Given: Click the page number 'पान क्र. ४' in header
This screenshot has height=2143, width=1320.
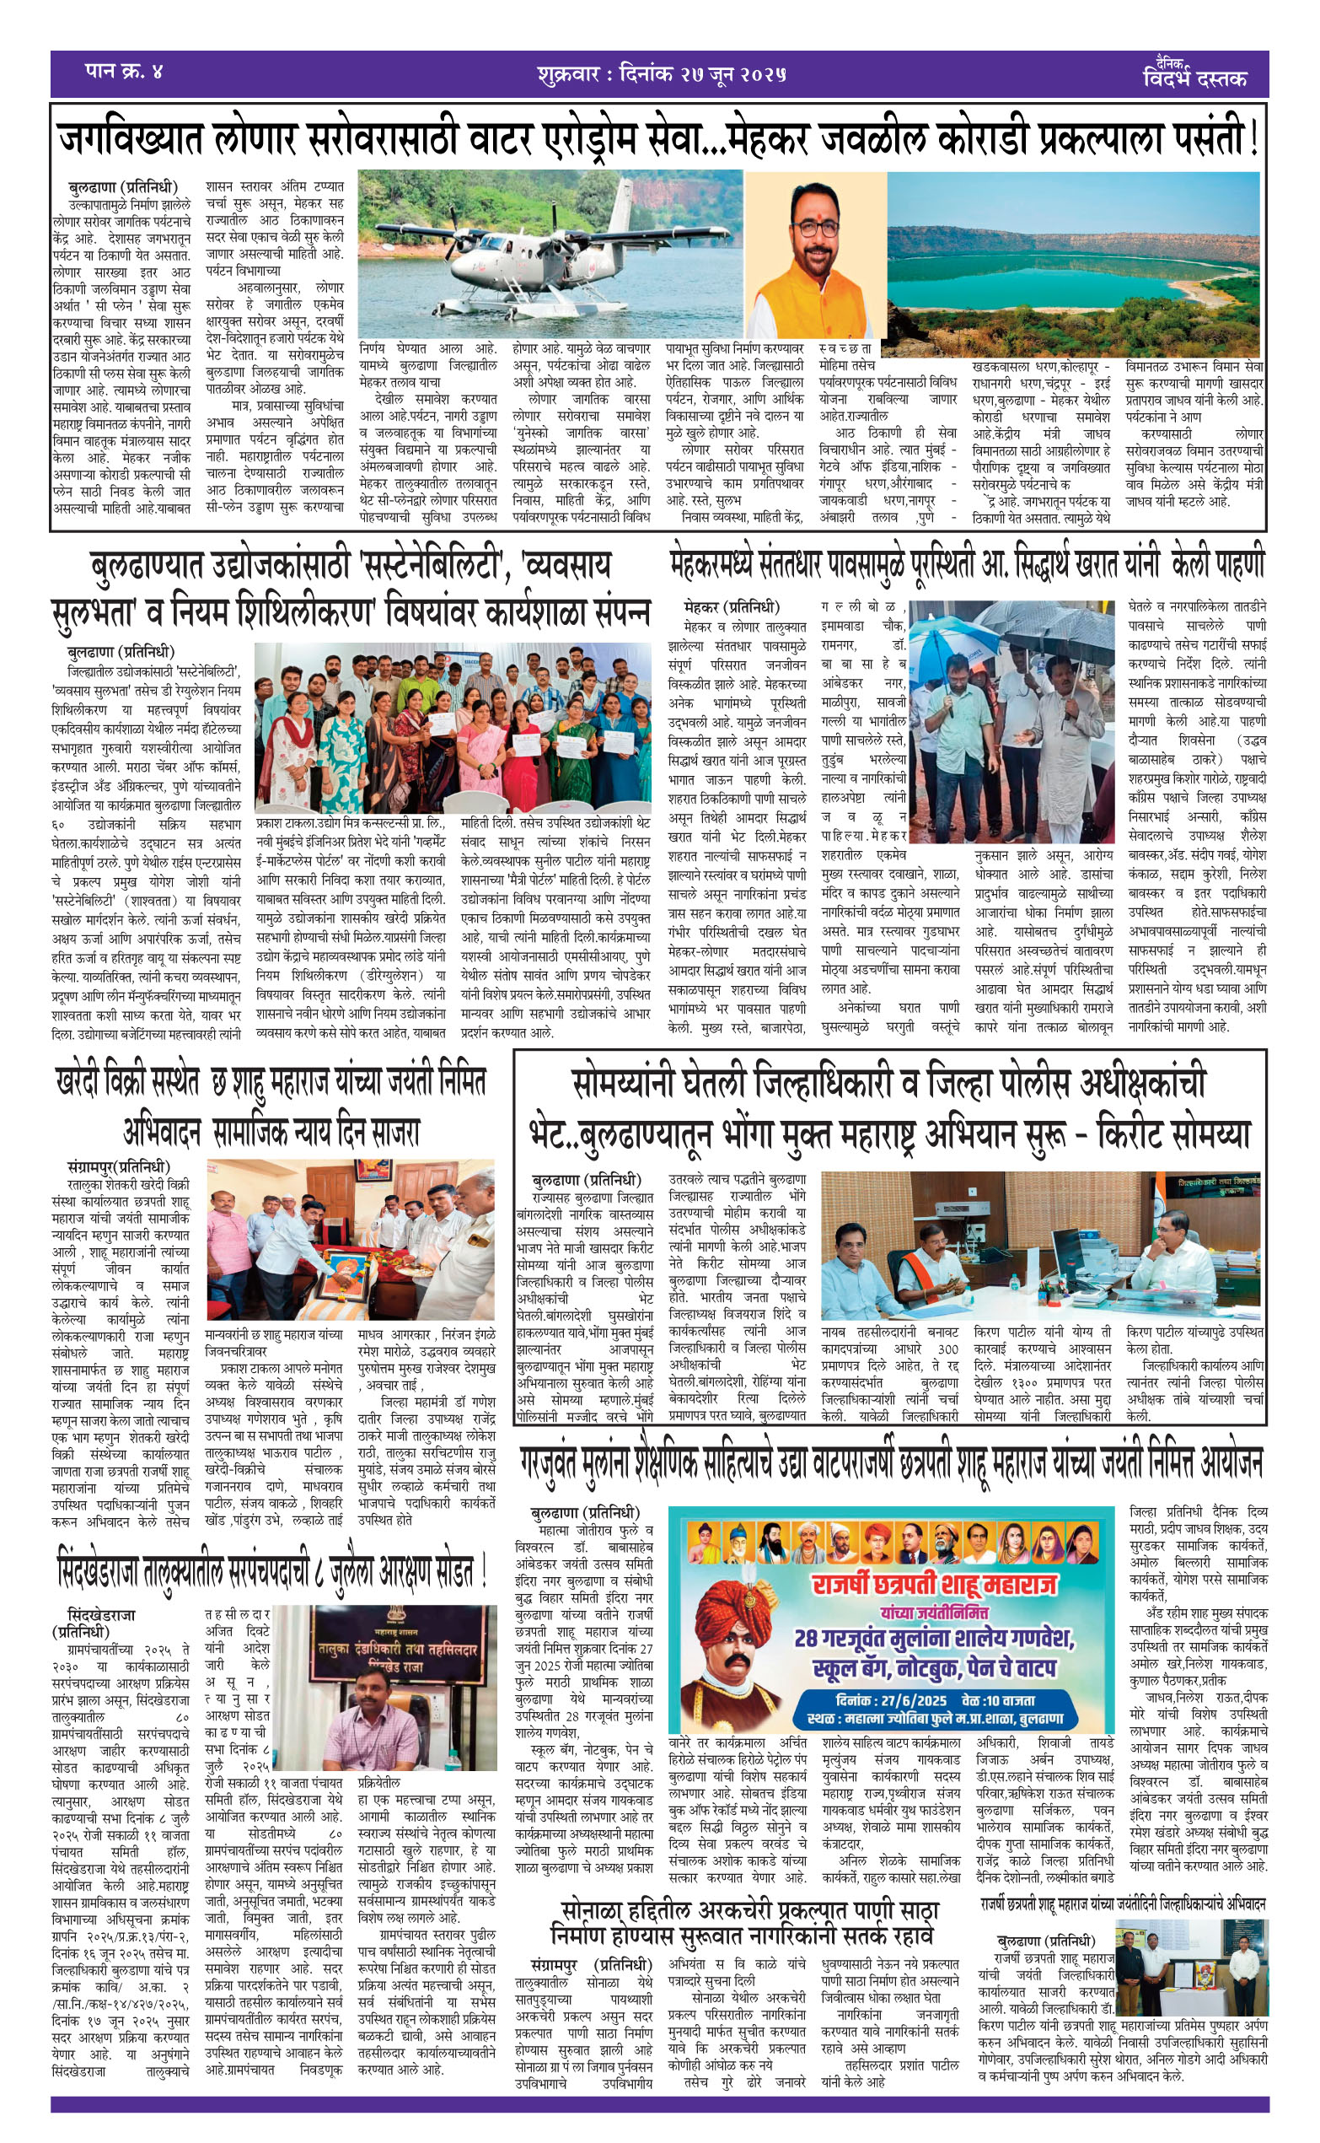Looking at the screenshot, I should click(x=124, y=71).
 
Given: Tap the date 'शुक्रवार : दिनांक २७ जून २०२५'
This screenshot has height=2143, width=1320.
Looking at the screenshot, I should click(x=661, y=74).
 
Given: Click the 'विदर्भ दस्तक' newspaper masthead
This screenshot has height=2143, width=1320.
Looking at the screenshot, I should click(x=1195, y=77).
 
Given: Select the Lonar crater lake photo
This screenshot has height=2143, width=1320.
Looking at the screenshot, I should click(x=1074, y=262).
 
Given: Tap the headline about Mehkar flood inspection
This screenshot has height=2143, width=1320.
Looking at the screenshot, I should click(x=967, y=564).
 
